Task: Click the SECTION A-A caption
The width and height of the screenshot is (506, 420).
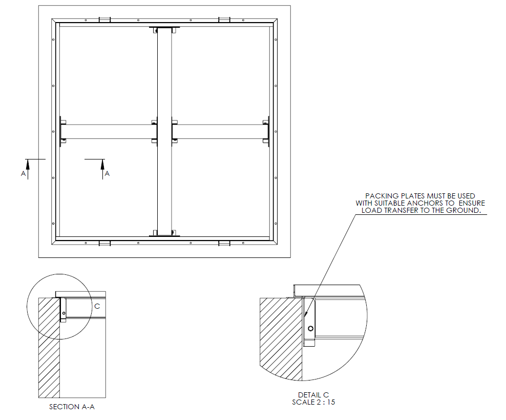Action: (72, 407)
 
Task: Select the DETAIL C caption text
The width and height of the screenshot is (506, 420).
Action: (313, 395)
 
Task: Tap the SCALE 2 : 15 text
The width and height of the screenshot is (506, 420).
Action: (313, 402)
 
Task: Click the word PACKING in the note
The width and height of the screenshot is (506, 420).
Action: (383, 196)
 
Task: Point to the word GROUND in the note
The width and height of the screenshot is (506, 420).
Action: (469, 210)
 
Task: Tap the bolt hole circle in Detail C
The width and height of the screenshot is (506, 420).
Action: (310, 329)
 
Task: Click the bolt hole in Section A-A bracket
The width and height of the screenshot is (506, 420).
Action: (64, 313)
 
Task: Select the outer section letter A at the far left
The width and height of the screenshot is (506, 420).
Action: (23, 174)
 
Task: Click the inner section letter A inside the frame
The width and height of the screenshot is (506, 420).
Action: (107, 174)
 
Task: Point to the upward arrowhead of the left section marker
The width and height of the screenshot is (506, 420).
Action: (28, 163)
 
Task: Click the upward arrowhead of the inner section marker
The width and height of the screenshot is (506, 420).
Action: (102, 163)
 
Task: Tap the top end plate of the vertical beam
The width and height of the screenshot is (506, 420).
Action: (164, 28)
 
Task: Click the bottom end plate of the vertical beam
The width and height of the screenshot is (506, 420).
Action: (164, 235)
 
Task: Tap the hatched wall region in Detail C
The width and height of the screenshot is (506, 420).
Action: (281, 338)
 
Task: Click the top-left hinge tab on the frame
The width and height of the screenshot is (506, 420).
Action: (104, 19)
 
